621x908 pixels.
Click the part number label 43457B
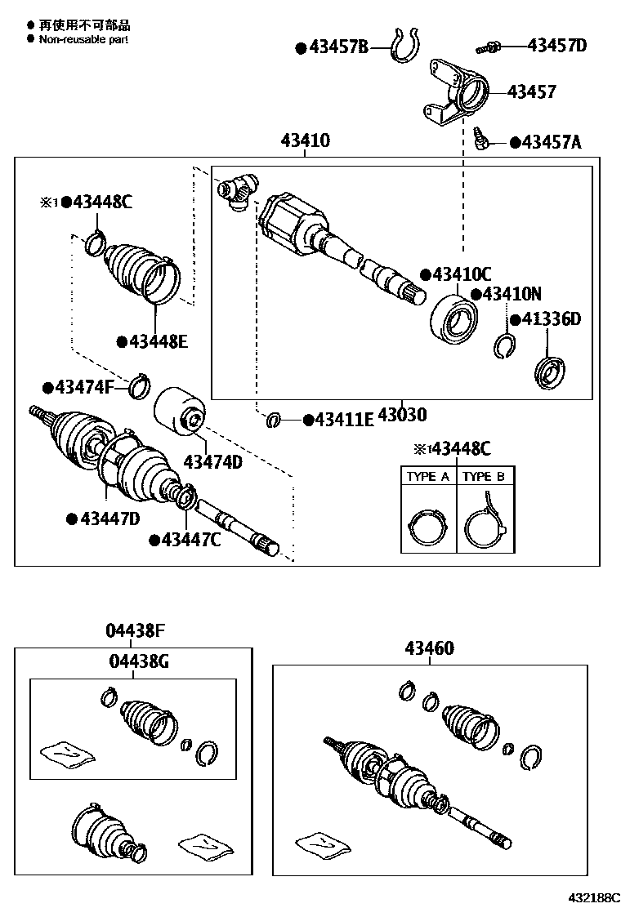pos(339,47)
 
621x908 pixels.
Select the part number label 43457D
pos(556,45)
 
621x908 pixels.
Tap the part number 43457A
pos(552,143)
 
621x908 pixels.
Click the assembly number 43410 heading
pos(306,140)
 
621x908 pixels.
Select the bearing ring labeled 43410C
pos(454,317)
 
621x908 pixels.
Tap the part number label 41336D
pos(552,318)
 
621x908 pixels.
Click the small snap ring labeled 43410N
pos(505,346)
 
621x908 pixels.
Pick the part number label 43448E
pos(158,341)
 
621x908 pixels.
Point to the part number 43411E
pos(343,420)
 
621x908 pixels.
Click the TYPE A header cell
pos(428,477)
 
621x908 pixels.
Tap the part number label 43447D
pos(109,518)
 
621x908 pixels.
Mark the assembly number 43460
pos(430,648)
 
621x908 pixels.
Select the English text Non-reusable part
pos(83,38)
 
